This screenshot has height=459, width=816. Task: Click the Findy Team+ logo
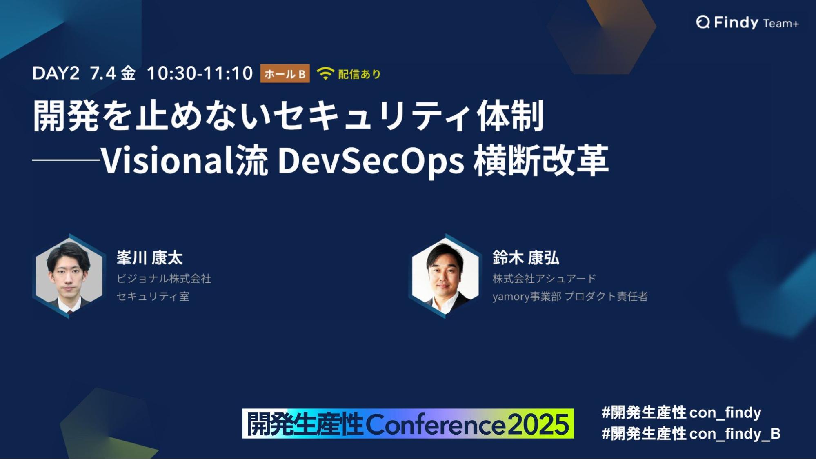[747, 22]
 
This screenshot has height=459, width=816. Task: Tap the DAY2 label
[56, 73]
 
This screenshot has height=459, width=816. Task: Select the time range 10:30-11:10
[200, 73]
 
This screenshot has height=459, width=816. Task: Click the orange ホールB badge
[285, 74]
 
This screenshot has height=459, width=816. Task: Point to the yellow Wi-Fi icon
[325, 73]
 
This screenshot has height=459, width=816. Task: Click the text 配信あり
[360, 74]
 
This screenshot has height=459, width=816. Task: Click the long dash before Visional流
[66, 160]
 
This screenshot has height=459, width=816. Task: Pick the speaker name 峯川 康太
[150, 258]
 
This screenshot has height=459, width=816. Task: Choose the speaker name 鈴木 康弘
[526, 258]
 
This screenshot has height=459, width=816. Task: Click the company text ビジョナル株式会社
[164, 279]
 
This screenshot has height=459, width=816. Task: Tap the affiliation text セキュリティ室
[153, 296]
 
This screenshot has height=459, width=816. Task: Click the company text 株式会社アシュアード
[544, 279]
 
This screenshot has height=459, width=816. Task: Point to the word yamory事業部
[527, 297]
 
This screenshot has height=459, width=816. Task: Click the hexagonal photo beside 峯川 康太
[69, 276]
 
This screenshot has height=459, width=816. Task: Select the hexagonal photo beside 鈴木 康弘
[445, 276]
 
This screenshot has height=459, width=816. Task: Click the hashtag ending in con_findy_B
[691, 434]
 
